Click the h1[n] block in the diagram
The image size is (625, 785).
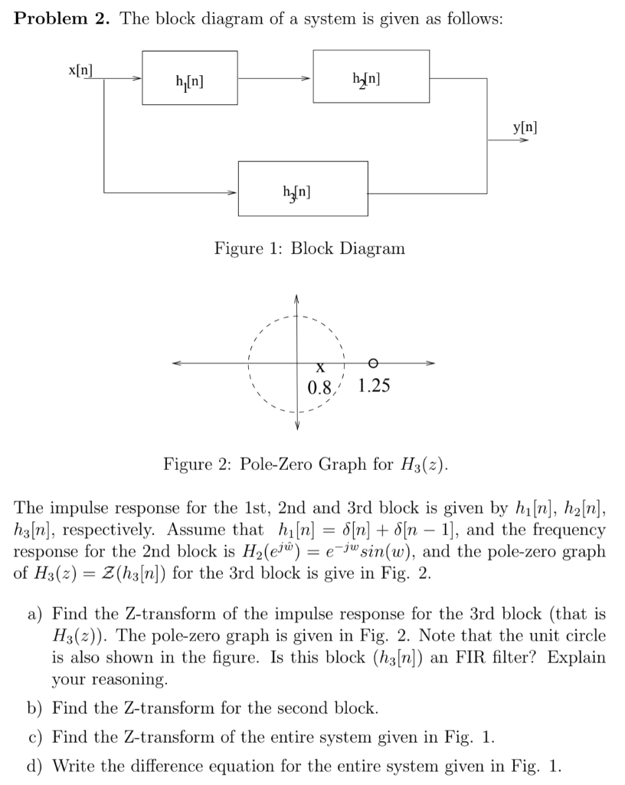point(189,78)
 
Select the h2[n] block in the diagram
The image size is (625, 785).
point(371,76)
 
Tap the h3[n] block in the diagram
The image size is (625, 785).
point(303,189)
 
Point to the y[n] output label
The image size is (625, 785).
point(525,127)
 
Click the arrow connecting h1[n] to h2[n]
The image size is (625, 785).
point(276,78)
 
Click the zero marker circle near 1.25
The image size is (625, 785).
point(372,362)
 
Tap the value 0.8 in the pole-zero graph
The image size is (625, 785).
point(319,386)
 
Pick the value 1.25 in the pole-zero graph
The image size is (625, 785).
point(375,386)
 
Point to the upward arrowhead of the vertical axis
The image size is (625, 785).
point(298,296)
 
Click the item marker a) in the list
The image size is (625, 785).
point(36,616)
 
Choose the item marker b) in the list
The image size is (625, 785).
point(36,707)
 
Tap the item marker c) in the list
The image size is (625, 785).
point(36,737)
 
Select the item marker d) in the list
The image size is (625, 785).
point(36,766)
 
